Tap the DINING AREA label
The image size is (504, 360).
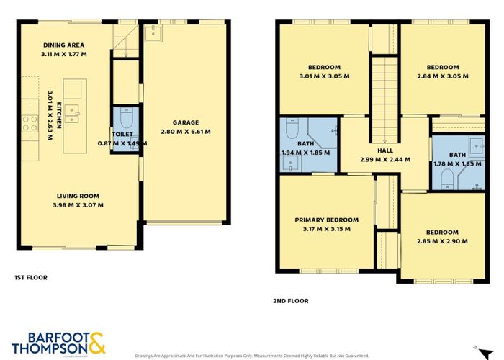[63, 45]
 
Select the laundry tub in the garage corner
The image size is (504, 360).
[153, 33]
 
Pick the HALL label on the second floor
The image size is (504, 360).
[384, 150]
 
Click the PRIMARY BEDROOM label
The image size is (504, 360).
[326, 220]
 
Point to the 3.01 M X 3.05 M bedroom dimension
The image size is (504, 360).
[324, 76]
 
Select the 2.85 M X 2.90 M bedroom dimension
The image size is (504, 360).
[441, 241]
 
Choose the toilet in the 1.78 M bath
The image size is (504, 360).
[446, 177]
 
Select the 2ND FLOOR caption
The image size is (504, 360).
[291, 300]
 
